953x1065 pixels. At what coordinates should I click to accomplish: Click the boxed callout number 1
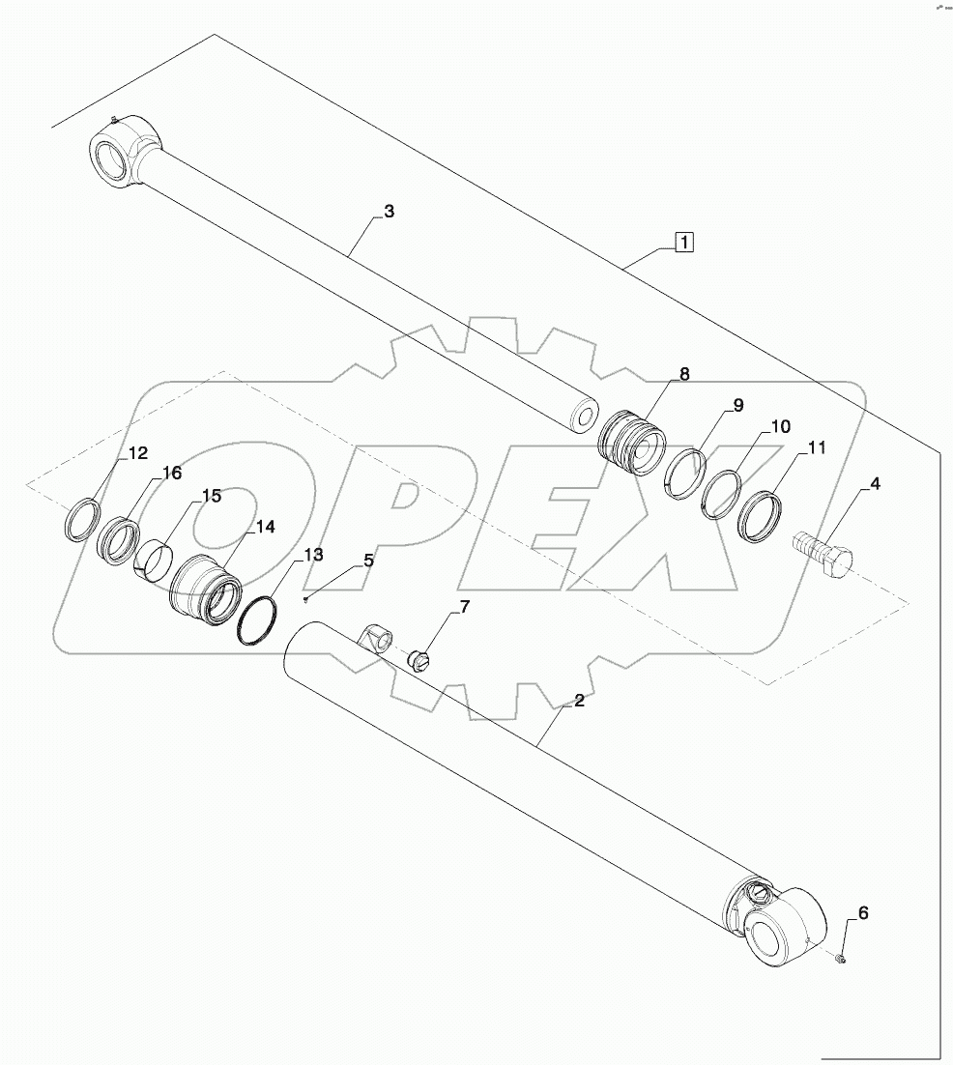pos(683,242)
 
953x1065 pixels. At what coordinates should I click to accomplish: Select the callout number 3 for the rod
pos(389,212)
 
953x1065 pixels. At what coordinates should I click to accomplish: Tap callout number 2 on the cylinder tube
pos(579,701)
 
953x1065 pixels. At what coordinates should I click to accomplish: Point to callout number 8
pos(683,374)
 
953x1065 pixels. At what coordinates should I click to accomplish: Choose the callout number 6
pos(863,912)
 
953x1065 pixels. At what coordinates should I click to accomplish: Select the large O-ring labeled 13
pos(259,619)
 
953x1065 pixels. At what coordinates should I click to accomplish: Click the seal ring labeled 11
pos(760,517)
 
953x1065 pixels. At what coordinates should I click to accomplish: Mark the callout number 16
pos(171,473)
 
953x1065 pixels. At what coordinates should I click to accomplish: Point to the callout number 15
pos(211,496)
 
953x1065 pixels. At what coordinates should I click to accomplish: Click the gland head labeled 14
pos(205,590)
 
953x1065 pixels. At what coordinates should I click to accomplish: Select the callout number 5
pos(368,560)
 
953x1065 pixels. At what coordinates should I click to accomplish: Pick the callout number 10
pos(780,426)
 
